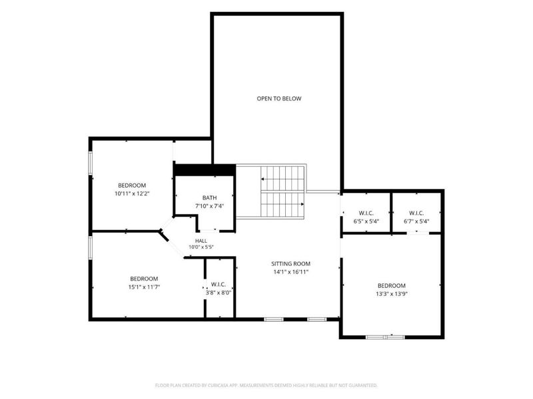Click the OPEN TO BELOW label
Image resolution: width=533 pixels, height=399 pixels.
pos(278,98)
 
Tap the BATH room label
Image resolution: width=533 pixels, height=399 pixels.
pos(209,198)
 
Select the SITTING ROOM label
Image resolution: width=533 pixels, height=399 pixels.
pos(290,263)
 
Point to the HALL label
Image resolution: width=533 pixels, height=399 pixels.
pos(201,241)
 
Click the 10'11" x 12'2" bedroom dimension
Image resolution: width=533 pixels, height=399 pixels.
pos(132,194)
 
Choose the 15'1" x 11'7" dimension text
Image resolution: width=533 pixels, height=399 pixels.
pos(144,287)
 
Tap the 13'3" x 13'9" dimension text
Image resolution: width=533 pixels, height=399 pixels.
pos(392,294)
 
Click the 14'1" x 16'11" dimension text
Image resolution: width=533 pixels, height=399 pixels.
pos(290,272)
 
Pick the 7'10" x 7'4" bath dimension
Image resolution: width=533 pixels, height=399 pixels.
pos(209,206)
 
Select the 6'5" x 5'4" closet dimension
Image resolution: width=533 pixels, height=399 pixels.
pos(366,221)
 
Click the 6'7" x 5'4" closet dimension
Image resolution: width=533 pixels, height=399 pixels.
pos(416,221)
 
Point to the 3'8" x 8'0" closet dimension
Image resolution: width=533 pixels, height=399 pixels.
pos(219,293)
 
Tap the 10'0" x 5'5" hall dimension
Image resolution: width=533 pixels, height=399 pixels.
pos(201,247)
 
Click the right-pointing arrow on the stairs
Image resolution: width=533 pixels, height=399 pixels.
pos(282,204)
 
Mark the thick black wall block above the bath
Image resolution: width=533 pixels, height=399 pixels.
pos(205,170)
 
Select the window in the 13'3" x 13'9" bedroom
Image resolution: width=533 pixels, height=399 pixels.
pos(385,337)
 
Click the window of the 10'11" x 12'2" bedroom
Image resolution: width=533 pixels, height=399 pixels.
pos(91,163)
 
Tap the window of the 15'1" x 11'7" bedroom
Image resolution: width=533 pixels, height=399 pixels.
pos(91,248)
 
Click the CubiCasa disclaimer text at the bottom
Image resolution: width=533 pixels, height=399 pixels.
pos(266,386)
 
